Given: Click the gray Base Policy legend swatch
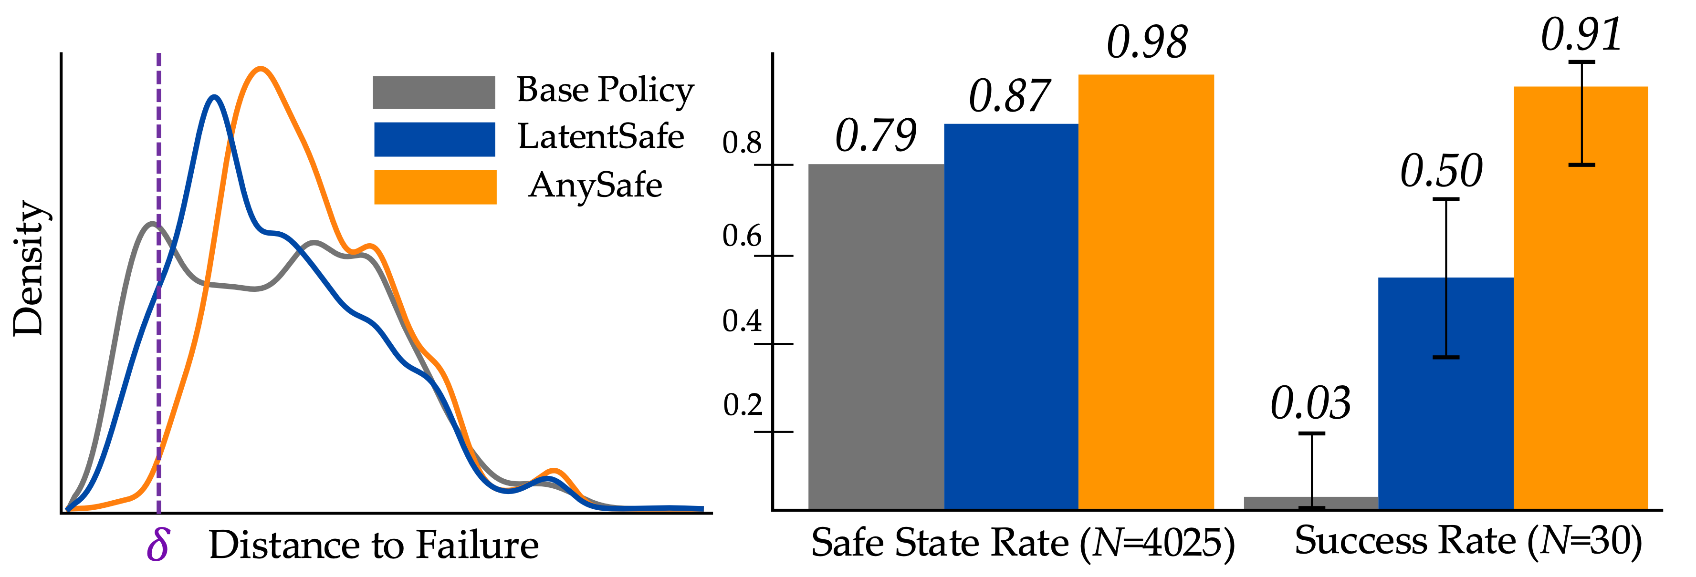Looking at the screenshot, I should point(433,92).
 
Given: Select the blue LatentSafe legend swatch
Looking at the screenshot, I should point(434,139).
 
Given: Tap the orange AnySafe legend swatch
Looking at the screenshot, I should point(435,187).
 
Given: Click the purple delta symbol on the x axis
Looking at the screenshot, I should point(158,545).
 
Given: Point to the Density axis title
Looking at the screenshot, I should point(28,268).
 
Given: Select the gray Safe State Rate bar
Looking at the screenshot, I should point(876,336).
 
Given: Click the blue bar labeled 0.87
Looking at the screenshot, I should point(1011,316).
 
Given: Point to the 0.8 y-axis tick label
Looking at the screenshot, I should point(742,143).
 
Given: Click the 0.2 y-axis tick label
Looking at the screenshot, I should point(742,405).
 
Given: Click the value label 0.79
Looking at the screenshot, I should point(876,135).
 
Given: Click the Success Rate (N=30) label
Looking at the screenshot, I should point(1467,541).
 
